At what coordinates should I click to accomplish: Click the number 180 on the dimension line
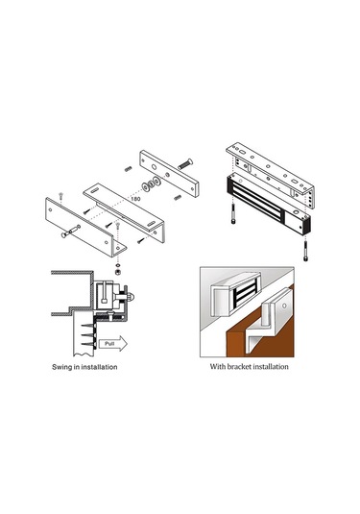(x=135, y=199)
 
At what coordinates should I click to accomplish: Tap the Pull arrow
(x=112, y=344)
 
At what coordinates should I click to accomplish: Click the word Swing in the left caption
(x=61, y=367)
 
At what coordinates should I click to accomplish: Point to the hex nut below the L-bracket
(x=117, y=272)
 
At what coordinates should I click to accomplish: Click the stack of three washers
(x=152, y=184)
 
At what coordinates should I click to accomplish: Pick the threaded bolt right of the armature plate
(x=185, y=163)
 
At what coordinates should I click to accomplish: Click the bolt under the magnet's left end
(x=233, y=214)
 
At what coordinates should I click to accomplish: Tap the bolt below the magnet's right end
(x=306, y=251)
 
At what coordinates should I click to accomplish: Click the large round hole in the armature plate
(x=154, y=166)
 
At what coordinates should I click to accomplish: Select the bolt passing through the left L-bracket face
(x=71, y=231)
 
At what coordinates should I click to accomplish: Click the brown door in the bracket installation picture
(x=259, y=331)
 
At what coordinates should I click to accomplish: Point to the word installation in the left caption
(x=99, y=367)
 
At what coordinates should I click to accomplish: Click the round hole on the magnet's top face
(x=297, y=212)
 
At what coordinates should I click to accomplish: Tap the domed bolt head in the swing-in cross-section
(x=132, y=297)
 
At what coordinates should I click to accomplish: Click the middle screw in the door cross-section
(x=88, y=335)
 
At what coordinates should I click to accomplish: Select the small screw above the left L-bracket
(x=60, y=196)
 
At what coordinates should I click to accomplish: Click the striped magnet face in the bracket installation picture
(x=245, y=292)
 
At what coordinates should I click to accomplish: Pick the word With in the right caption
(x=217, y=366)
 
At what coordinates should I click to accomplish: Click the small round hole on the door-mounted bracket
(x=284, y=306)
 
